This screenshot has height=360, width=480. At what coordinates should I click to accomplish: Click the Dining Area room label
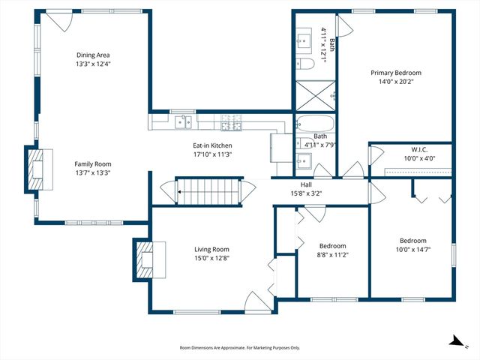tap(93, 55)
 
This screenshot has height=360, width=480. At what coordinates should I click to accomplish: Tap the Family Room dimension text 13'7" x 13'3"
tap(93, 173)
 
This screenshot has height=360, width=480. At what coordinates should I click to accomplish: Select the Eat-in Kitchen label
tap(212, 145)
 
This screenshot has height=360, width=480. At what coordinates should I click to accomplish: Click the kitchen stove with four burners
tap(232, 122)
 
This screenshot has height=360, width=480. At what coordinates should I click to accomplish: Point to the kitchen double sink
tap(183, 122)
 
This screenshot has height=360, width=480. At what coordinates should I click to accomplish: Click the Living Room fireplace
tap(149, 259)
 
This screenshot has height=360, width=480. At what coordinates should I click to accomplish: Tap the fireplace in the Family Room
tap(39, 169)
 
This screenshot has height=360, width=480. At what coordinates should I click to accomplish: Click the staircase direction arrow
tap(179, 192)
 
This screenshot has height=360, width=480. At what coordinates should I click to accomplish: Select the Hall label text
tap(306, 184)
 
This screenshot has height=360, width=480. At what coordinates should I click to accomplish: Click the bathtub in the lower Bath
tap(314, 124)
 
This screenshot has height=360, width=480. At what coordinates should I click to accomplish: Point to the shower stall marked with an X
tap(316, 95)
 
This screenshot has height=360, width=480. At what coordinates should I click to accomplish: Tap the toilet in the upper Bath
tap(305, 64)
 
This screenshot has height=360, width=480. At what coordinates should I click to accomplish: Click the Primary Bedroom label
tap(396, 73)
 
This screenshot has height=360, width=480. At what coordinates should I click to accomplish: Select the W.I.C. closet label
tap(419, 150)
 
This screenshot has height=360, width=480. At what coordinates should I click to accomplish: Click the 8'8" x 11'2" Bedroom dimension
tap(333, 255)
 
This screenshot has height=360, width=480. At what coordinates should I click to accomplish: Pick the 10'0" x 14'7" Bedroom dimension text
tap(413, 250)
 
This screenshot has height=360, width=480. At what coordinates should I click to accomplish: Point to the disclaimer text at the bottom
tap(240, 348)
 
